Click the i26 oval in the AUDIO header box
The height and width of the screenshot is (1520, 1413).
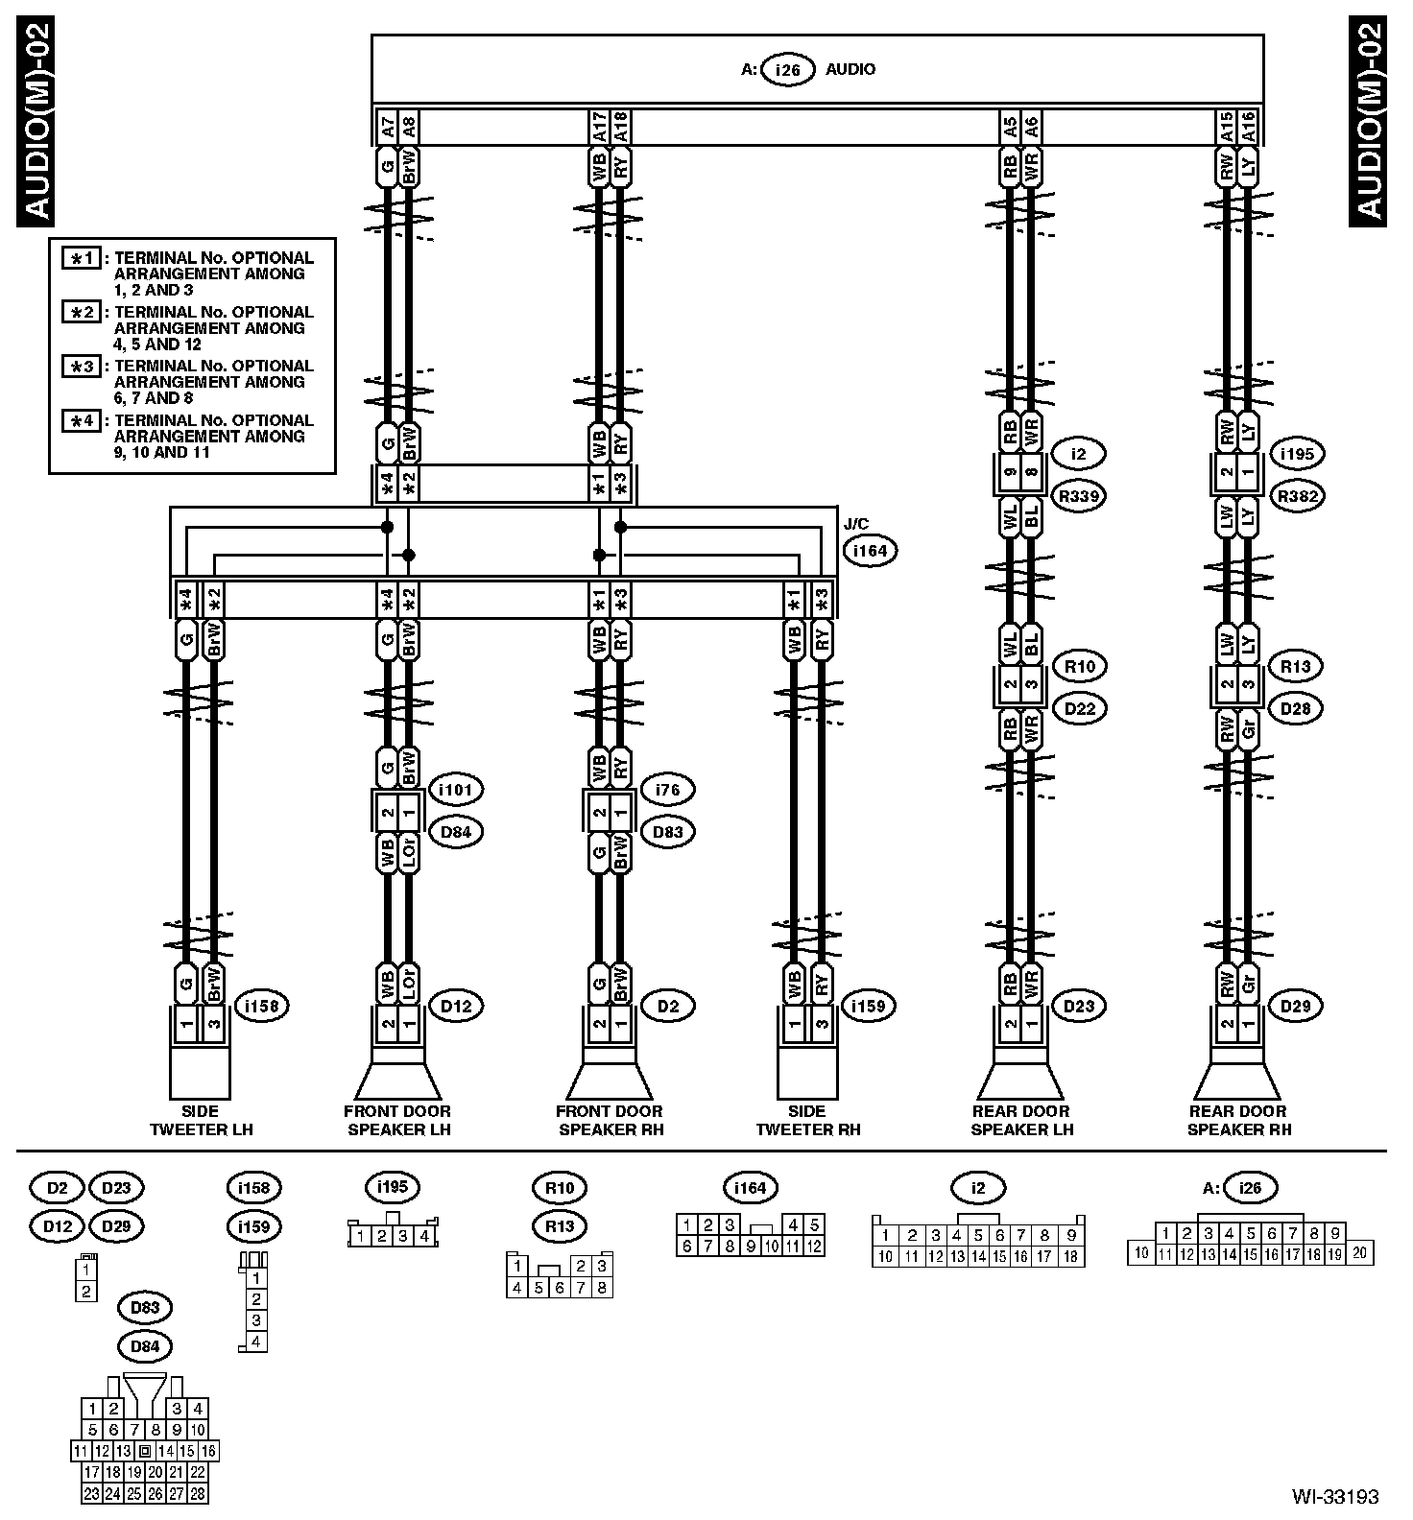(x=788, y=69)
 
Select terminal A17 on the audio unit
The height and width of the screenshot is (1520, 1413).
(x=598, y=126)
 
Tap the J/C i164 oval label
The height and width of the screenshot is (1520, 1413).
(x=871, y=551)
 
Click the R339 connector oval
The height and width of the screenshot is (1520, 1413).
(x=1080, y=496)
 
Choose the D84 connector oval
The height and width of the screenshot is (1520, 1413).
(x=456, y=832)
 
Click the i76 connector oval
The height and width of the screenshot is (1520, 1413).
(x=667, y=790)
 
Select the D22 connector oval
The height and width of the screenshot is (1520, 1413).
(x=1080, y=708)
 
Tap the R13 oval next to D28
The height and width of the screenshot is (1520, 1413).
(x=1296, y=666)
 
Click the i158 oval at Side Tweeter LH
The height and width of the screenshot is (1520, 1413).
(x=261, y=1006)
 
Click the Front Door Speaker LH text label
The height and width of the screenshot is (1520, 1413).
(x=397, y=1121)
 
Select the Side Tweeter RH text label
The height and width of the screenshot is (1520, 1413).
(x=807, y=1121)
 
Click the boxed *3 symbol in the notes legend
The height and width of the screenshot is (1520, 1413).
(x=82, y=367)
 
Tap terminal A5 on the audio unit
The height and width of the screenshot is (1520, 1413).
(x=1009, y=126)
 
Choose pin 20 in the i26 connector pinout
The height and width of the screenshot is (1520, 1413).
(x=1361, y=1252)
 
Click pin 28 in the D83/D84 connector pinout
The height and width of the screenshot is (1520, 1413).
(x=198, y=1494)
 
